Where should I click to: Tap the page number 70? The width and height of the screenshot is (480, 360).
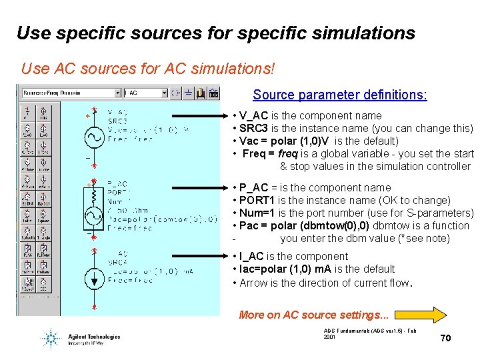pos(445,338)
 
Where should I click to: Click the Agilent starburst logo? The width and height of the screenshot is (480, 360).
pos(51,339)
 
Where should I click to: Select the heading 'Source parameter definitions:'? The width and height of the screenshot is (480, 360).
pos(340,95)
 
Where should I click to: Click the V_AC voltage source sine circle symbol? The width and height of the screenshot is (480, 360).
pos(94,137)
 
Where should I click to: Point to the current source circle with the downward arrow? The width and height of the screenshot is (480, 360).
pos(94,281)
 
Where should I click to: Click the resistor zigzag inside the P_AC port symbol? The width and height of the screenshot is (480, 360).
pos(94,196)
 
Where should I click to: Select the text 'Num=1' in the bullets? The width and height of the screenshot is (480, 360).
pos(255,213)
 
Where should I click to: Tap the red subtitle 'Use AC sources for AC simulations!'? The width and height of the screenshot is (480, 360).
pos(147,68)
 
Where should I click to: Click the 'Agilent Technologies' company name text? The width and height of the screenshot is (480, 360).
pos(94,337)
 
